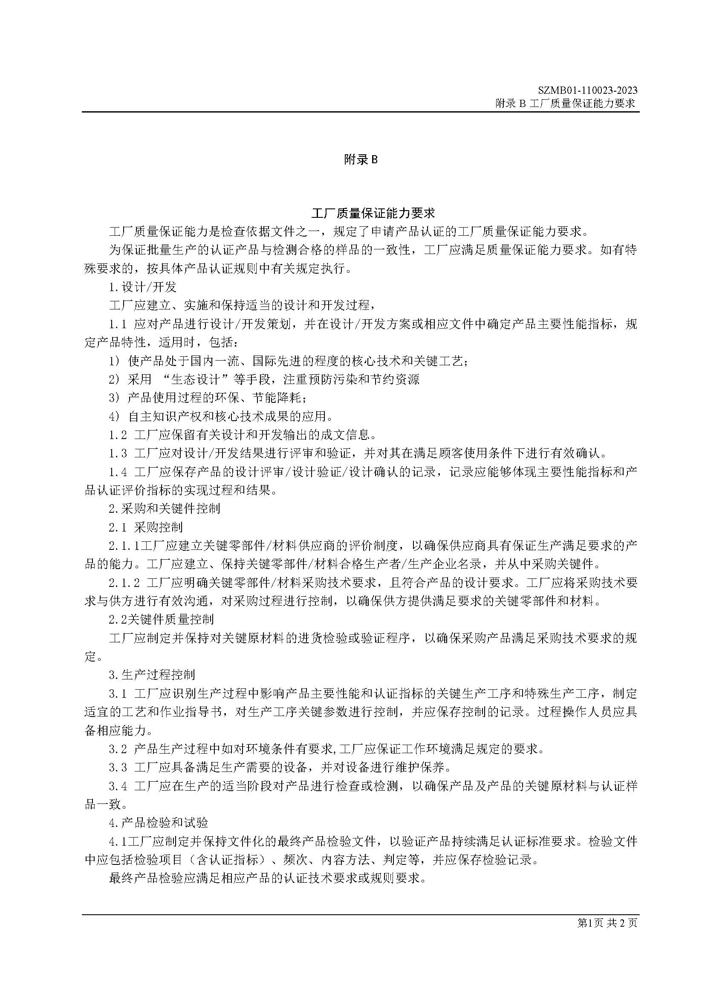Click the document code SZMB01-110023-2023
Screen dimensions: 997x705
click(x=587, y=90)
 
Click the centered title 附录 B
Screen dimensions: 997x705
click(x=361, y=160)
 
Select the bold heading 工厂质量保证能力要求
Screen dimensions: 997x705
click(x=373, y=213)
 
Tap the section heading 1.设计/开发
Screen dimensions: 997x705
click(x=142, y=287)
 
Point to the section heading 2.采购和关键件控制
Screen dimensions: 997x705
click(x=165, y=509)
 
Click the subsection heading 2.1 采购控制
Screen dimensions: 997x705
click(x=145, y=527)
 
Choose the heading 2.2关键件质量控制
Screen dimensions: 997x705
click(x=161, y=619)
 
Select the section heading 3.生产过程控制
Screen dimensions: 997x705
click(x=152, y=675)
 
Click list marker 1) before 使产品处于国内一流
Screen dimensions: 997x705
click(x=114, y=361)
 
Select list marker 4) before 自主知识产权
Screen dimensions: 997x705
click(x=114, y=416)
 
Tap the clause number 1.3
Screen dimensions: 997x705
click(x=118, y=454)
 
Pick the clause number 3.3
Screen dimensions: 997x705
click(x=118, y=768)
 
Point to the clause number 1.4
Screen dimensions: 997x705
click(x=118, y=472)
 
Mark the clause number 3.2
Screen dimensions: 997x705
click(x=118, y=749)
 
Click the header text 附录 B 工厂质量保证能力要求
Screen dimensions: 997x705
click(x=565, y=103)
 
